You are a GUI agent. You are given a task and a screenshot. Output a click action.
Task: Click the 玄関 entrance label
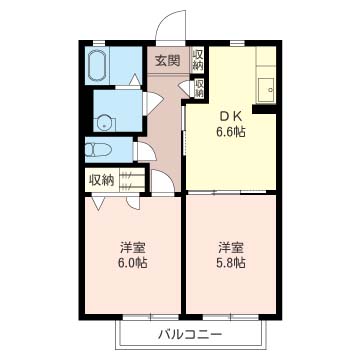(x=168, y=60)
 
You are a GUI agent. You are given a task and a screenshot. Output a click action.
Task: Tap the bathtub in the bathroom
(x=97, y=65)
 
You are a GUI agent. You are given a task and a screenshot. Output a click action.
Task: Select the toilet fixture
(x=98, y=150)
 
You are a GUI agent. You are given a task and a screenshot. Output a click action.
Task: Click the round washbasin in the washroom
(x=105, y=123)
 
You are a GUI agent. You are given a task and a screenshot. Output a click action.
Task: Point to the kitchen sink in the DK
(x=266, y=90)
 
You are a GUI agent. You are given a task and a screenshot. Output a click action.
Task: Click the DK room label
(x=231, y=117)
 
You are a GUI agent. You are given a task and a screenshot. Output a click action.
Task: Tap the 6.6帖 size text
(x=231, y=132)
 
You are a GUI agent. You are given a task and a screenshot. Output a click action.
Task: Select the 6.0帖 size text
(x=132, y=263)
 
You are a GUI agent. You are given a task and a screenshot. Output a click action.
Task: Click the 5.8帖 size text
(x=231, y=263)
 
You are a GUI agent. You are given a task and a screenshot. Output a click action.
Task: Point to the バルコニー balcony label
(x=190, y=334)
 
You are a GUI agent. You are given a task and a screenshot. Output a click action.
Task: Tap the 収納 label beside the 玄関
(x=198, y=60)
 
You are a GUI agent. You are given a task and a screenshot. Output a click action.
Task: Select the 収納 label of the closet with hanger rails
(x=101, y=180)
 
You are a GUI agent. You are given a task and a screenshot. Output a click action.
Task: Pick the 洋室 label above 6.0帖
(x=132, y=248)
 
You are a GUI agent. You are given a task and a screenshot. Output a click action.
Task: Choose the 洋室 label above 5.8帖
(x=231, y=248)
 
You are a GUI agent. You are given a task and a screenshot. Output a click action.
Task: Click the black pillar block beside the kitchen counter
(x=264, y=109)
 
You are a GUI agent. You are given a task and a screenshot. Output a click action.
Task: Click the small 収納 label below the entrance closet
(x=199, y=88)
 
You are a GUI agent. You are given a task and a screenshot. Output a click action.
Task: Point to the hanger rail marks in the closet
(x=127, y=180)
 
